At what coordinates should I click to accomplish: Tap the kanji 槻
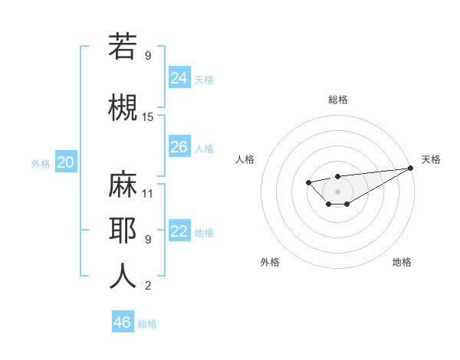123,106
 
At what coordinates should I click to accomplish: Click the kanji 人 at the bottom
123,276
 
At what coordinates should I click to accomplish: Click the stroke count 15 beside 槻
148,117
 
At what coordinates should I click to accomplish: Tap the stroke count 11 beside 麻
148,193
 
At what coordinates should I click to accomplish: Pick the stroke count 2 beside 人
148,286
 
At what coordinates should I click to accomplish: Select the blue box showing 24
179,77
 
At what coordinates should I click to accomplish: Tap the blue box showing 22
179,231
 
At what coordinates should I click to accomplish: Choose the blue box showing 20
66,162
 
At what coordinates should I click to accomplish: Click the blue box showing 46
123,322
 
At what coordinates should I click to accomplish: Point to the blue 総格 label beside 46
147,323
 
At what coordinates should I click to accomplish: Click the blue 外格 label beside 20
41,163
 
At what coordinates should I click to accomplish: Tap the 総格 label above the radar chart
337,100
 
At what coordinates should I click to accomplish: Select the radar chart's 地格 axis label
402,263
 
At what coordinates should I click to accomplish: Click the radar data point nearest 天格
411,169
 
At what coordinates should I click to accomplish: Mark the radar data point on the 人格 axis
307,182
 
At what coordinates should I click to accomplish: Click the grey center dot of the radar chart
337,191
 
